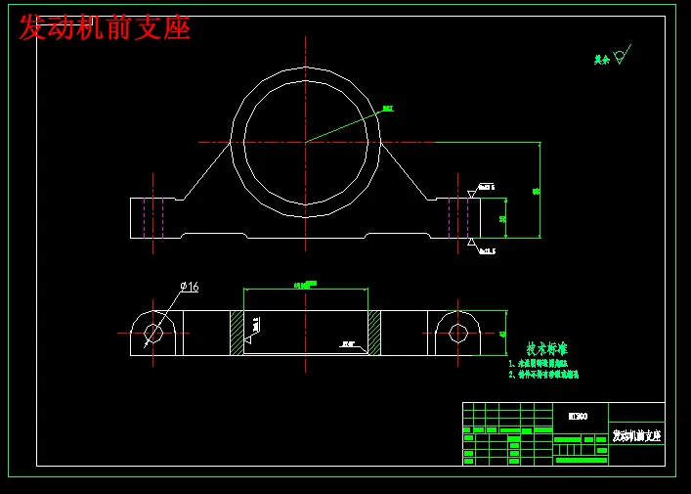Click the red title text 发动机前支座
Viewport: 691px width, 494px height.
pos(105,28)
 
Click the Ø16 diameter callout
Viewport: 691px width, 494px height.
pos(189,287)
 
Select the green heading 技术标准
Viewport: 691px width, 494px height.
pos(546,349)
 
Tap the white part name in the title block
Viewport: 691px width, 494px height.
pos(636,435)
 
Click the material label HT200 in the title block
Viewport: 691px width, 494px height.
pos(578,416)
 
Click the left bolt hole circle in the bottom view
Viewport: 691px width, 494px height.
pos(153,333)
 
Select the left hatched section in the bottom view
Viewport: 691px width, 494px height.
pos(237,333)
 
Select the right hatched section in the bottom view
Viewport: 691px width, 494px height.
pos(374,333)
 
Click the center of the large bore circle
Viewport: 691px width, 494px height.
pos(306,142)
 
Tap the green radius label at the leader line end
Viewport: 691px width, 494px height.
pos(388,109)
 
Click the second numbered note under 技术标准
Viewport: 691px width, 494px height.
pos(543,375)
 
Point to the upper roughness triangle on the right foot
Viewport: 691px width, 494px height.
pos(471,195)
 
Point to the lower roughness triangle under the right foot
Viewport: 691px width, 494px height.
pos(471,241)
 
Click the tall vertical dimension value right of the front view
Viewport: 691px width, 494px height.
pos(536,191)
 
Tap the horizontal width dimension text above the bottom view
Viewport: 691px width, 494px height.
pos(306,285)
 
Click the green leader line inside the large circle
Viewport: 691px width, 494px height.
pos(342,126)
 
